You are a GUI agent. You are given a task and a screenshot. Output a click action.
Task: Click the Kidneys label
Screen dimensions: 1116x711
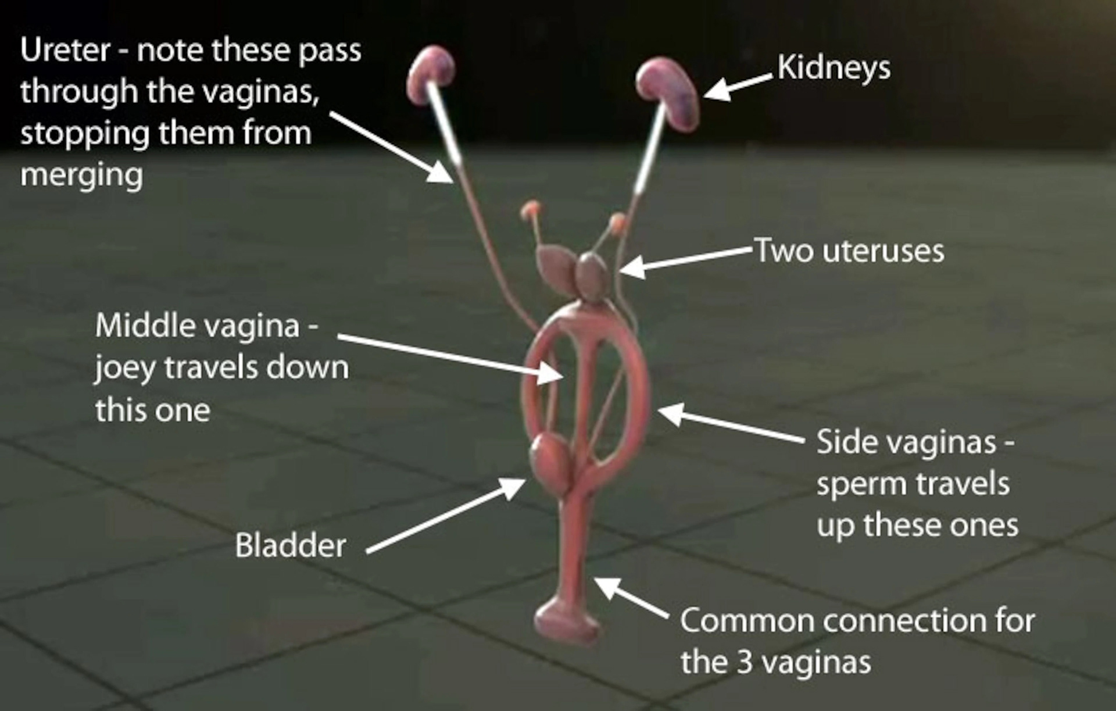[834, 69]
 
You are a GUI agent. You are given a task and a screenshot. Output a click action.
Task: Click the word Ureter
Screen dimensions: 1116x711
[65, 50]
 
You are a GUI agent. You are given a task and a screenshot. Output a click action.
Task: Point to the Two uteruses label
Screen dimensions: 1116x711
[849, 251]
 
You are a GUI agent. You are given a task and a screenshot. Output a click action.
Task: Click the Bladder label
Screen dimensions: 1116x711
[291, 546]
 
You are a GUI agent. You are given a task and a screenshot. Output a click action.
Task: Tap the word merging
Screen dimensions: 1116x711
[81, 176]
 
